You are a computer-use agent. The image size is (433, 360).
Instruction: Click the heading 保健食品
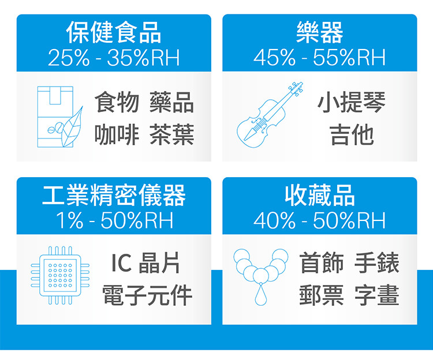114,32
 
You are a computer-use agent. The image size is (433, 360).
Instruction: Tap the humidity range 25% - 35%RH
114,58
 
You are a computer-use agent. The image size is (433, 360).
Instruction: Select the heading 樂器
319,32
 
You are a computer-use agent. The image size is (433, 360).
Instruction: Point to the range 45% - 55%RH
319,58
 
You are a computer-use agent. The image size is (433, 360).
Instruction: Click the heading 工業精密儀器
114,196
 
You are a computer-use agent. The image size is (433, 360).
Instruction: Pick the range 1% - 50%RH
115,220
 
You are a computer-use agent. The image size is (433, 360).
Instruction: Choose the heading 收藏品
319,196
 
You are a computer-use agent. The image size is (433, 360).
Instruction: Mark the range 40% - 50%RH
319,220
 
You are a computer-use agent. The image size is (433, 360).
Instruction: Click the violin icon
270,114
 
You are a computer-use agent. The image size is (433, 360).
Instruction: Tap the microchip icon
60,275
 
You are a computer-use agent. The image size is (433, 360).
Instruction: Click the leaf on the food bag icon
72,127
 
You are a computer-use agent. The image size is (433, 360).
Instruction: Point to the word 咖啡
117,134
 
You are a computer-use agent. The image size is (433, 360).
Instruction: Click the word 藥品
172,102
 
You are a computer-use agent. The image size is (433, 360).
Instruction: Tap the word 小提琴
352,102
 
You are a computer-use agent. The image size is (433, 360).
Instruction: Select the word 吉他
352,134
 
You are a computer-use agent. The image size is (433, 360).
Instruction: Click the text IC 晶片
145,263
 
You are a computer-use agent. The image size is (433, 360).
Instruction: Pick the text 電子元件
147,295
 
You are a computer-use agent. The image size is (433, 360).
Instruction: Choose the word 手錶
376,263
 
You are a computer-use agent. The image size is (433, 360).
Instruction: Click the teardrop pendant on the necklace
261,295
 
